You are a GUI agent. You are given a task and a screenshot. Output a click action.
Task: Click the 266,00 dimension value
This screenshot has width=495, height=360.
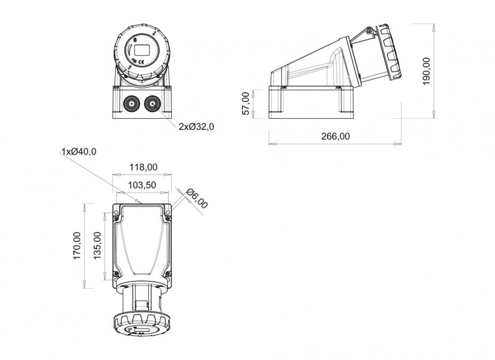(x=335, y=136)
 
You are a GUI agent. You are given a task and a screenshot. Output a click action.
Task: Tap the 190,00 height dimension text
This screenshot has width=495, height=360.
(x=427, y=71)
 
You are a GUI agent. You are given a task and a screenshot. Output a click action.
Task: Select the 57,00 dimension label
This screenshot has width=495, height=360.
(x=247, y=103)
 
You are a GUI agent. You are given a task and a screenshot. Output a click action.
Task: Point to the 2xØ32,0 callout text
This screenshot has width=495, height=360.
(x=196, y=127)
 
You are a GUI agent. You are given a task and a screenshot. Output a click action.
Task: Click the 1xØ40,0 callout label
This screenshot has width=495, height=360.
(x=79, y=152)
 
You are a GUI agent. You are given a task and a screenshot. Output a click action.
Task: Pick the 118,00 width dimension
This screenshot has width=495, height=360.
(x=143, y=167)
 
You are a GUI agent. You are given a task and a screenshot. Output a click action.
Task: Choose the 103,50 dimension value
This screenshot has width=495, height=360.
(x=142, y=185)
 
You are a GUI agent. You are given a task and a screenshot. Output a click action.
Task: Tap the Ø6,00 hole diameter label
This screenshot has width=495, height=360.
(x=197, y=199)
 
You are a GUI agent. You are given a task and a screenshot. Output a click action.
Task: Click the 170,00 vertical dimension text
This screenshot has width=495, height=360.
(x=77, y=245)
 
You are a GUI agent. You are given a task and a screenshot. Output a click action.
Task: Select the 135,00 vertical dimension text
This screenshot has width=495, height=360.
(x=97, y=245)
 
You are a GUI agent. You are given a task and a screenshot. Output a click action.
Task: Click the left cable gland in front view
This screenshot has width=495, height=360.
(x=131, y=104)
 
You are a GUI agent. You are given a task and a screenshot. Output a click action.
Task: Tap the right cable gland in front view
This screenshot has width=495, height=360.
(x=152, y=104)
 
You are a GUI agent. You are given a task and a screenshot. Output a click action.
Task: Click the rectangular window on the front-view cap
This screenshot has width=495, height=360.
(x=142, y=50)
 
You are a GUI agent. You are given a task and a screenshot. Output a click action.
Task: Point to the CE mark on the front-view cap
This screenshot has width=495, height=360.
(x=142, y=62)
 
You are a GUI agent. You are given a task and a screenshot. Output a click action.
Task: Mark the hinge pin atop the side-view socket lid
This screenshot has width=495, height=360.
(x=369, y=31)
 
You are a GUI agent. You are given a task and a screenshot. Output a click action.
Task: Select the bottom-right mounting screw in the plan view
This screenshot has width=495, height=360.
(x=168, y=274)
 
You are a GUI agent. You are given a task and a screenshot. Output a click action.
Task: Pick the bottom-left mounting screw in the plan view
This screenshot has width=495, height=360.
(x=116, y=274)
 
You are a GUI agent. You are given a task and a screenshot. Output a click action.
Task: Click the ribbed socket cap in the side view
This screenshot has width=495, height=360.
(x=390, y=52)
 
